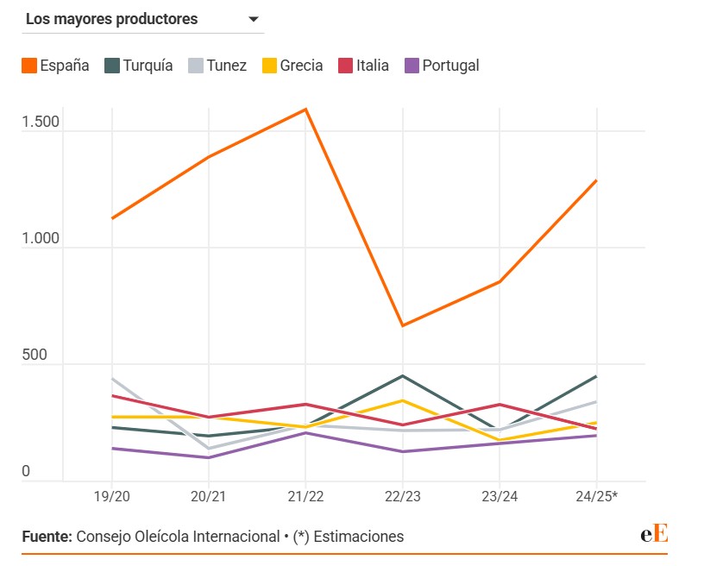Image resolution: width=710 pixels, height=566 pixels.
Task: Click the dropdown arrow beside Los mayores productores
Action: tap(254, 20)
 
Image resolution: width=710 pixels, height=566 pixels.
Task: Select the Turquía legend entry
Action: tap(138, 66)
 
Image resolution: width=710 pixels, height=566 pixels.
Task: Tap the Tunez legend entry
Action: tap(217, 66)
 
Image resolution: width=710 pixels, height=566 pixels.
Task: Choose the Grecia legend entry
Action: tap(292, 66)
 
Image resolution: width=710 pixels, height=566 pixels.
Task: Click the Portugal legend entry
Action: tap(441, 66)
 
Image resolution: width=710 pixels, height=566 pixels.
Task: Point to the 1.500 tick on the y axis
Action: tap(41, 122)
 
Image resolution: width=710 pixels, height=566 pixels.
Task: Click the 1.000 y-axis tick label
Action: tap(41, 238)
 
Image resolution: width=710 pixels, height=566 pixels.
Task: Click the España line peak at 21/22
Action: tap(305, 110)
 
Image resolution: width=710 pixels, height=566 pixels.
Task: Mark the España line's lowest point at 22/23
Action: tap(402, 325)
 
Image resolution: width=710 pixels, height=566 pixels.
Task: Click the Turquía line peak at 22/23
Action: tap(402, 376)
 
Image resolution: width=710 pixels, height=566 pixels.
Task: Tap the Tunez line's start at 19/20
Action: tap(111, 379)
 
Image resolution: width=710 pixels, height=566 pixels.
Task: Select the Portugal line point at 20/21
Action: tap(208, 457)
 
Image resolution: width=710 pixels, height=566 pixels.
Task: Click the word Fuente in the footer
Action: tap(47, 537)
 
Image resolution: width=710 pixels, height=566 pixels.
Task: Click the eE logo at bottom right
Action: tap(654, 534)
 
